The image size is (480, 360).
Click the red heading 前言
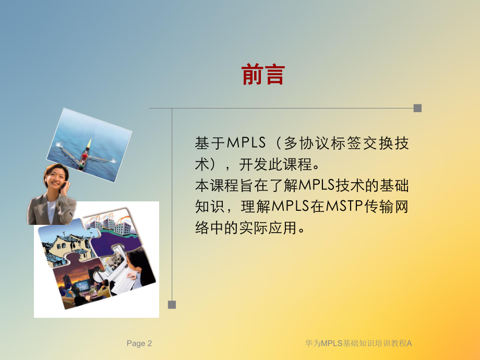[x=263, y=75]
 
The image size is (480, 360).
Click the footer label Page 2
[x=139, y=343]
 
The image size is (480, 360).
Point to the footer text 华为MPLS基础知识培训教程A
[x=358, y=343]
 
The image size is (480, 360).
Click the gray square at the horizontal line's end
[x=417, y=109]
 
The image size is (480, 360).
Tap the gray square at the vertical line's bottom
[x=172, y=304]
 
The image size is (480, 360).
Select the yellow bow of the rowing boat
[x=89, y=143]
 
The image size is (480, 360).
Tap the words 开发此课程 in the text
[x=272, y=164]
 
